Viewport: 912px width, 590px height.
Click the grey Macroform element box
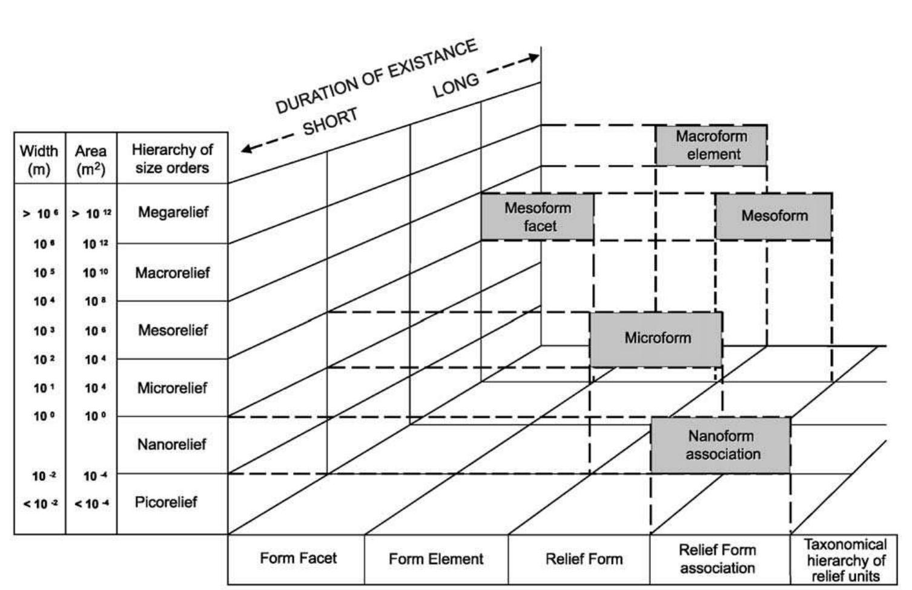pyautogui.click(x=711, y=145)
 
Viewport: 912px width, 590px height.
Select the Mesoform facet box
pyautogui.click(x=538, y=216)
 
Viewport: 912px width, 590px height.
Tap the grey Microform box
pyautogui.click(x=656, y=338)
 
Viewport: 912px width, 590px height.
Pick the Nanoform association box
pyautogui.click(x=721, y=445)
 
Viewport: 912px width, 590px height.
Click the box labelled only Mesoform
pyautogui.click(x=773, y=216)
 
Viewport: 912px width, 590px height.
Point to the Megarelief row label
pyautogui.click(x=173, y=212)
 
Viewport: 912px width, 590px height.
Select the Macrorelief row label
pyautogui.click(x=173, y=273)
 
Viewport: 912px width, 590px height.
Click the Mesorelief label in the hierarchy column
pyautogui.click(x=173, y=330)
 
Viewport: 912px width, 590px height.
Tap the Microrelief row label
pyautogui.click(x=173, y=388)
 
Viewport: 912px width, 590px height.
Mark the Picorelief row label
pyautogui.click(x=166, y=502)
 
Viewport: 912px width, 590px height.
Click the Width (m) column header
pyautogui.click(x=39, y=159)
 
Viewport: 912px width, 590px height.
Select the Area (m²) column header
pyautogui.click(x=91, y=159)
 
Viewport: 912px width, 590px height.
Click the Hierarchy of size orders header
pyautogui.click(x=172, y=159)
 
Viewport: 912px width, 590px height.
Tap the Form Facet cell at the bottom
pyautogui.click(x=297, y=558)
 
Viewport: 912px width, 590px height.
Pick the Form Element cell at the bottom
pyautogui.click(x=436, y=559)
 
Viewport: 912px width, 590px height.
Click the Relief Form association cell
pyautogui.click(x=718, y=559)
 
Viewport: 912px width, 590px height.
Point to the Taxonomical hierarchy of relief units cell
pyautogui.click(x=845, y=560)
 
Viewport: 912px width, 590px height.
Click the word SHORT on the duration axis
pyautogui.click(x=331, y=121)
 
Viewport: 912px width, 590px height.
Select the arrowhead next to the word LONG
pyautogui.click(x=533, y=58)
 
